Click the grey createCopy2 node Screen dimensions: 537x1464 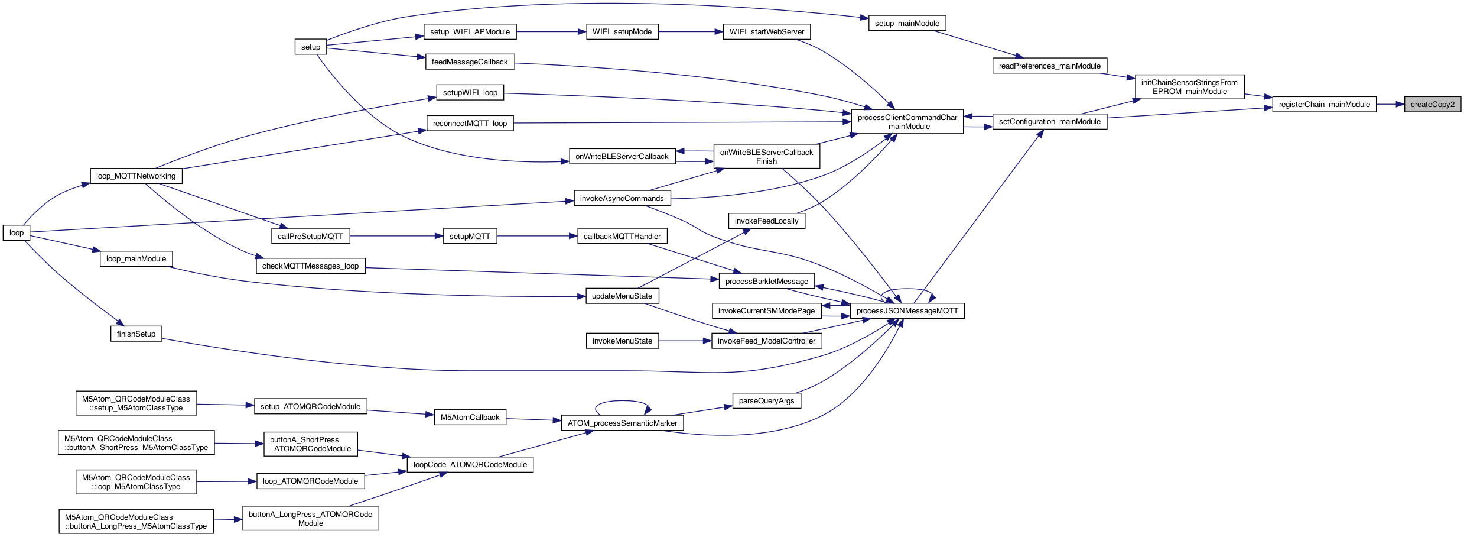(1432, 105)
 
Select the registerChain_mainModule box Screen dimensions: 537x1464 (1324, 105)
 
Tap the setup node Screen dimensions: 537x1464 (311, 47)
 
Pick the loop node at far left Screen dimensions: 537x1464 (17, 233)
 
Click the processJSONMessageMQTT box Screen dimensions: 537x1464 (907, 311)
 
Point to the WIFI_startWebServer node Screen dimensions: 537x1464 (766, 32)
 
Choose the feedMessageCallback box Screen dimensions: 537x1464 (470, 62)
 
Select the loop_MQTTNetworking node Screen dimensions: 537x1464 (136, 176)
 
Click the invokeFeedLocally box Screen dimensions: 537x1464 (766, 221)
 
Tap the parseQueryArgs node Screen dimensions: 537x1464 (766, 401)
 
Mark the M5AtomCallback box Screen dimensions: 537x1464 (470, 418)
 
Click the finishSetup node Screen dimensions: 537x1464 (136, 334)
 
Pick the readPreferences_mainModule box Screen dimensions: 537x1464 (1049, 66)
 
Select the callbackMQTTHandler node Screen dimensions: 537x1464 (622, 237)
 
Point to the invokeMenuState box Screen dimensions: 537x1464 (622, 341)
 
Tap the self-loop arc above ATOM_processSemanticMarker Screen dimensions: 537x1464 (623, 402)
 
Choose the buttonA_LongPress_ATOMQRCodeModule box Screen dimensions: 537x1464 (310, 519)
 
